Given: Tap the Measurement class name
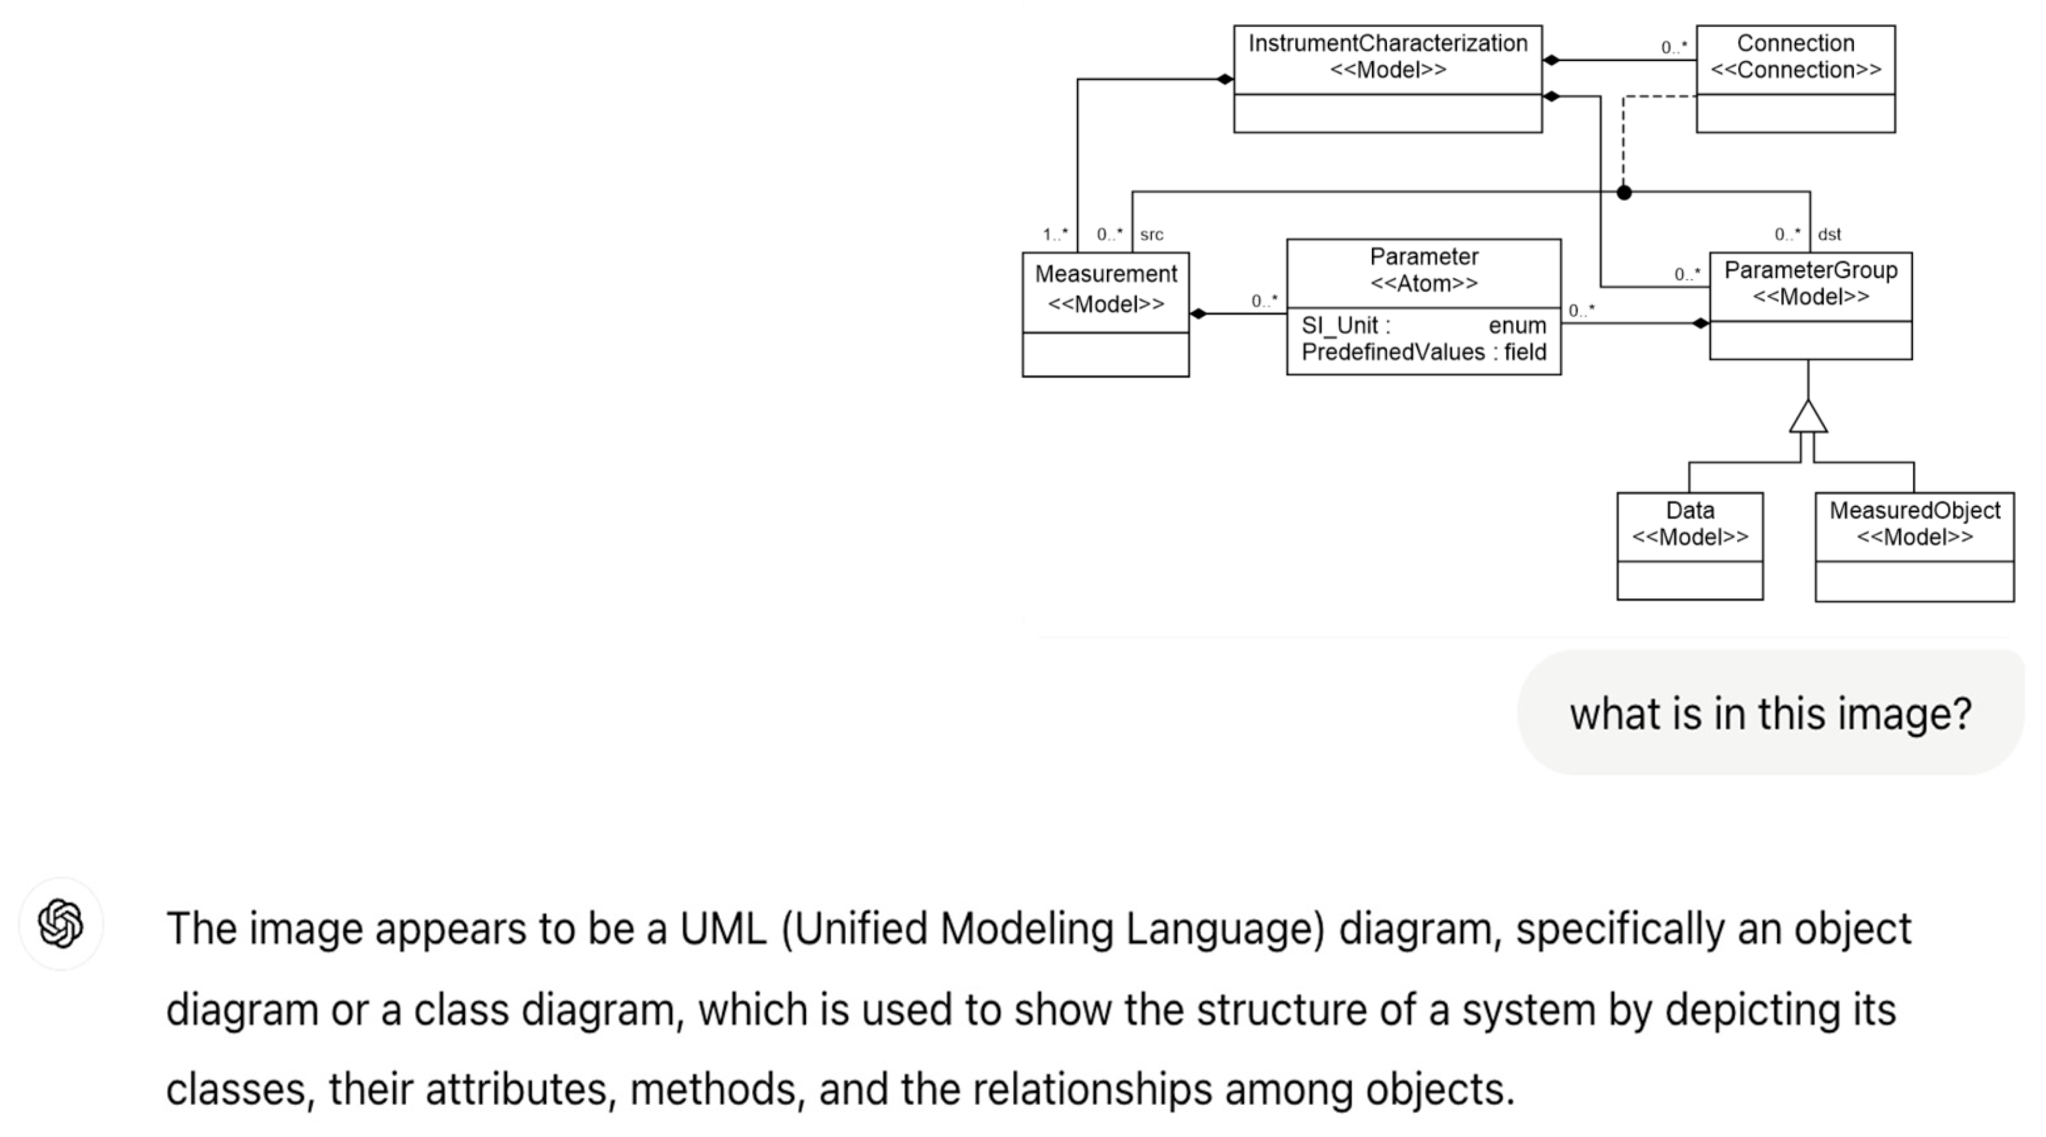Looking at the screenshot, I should tap(1106, 274).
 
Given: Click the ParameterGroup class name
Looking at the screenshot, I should tap(1810, 270).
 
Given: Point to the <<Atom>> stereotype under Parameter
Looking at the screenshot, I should tap(1423, 284).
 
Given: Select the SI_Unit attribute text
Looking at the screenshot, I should tap(1345, 326).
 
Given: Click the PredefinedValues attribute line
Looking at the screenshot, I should tap(1423, 352).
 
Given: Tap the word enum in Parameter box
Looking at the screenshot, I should tap(1517, 326).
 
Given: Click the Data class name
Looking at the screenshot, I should tap(1689, 510).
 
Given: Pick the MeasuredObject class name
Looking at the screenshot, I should tap(1914, 510).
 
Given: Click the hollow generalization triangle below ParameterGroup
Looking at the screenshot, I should tap(1809, 419).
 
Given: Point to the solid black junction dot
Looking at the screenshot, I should tap(1624, 192).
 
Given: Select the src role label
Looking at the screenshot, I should tap(1151, 234).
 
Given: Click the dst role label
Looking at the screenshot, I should tap(1829, 234).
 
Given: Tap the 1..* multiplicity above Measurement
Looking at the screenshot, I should tap(1054, 234).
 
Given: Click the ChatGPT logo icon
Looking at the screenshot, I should tap(60, 923).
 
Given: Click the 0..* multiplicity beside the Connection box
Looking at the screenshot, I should tap(1674, 48).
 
